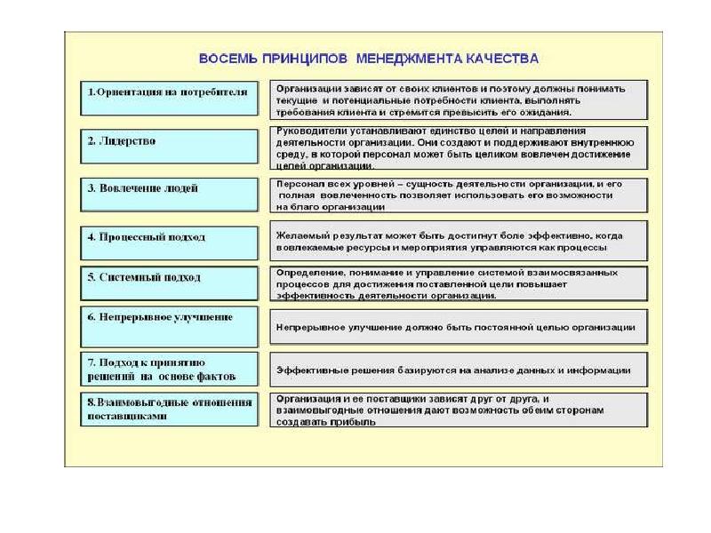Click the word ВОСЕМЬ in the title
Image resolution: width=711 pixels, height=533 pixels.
(x=227, y=59)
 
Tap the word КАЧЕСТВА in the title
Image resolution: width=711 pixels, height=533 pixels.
(x=499, y=59)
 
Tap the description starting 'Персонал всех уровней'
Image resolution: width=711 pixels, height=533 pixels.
(x=459, y=195)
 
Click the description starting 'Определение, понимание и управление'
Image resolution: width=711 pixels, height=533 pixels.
(x=459, y=283)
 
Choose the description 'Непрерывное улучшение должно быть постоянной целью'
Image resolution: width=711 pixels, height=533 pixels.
(x=459, y=327)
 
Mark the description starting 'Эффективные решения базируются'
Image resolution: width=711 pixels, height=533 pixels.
(x=459, y=370)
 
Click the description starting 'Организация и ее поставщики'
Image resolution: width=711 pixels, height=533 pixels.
(x=459, y=410)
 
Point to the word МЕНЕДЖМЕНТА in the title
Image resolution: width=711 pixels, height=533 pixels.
(x=406, y=59)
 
